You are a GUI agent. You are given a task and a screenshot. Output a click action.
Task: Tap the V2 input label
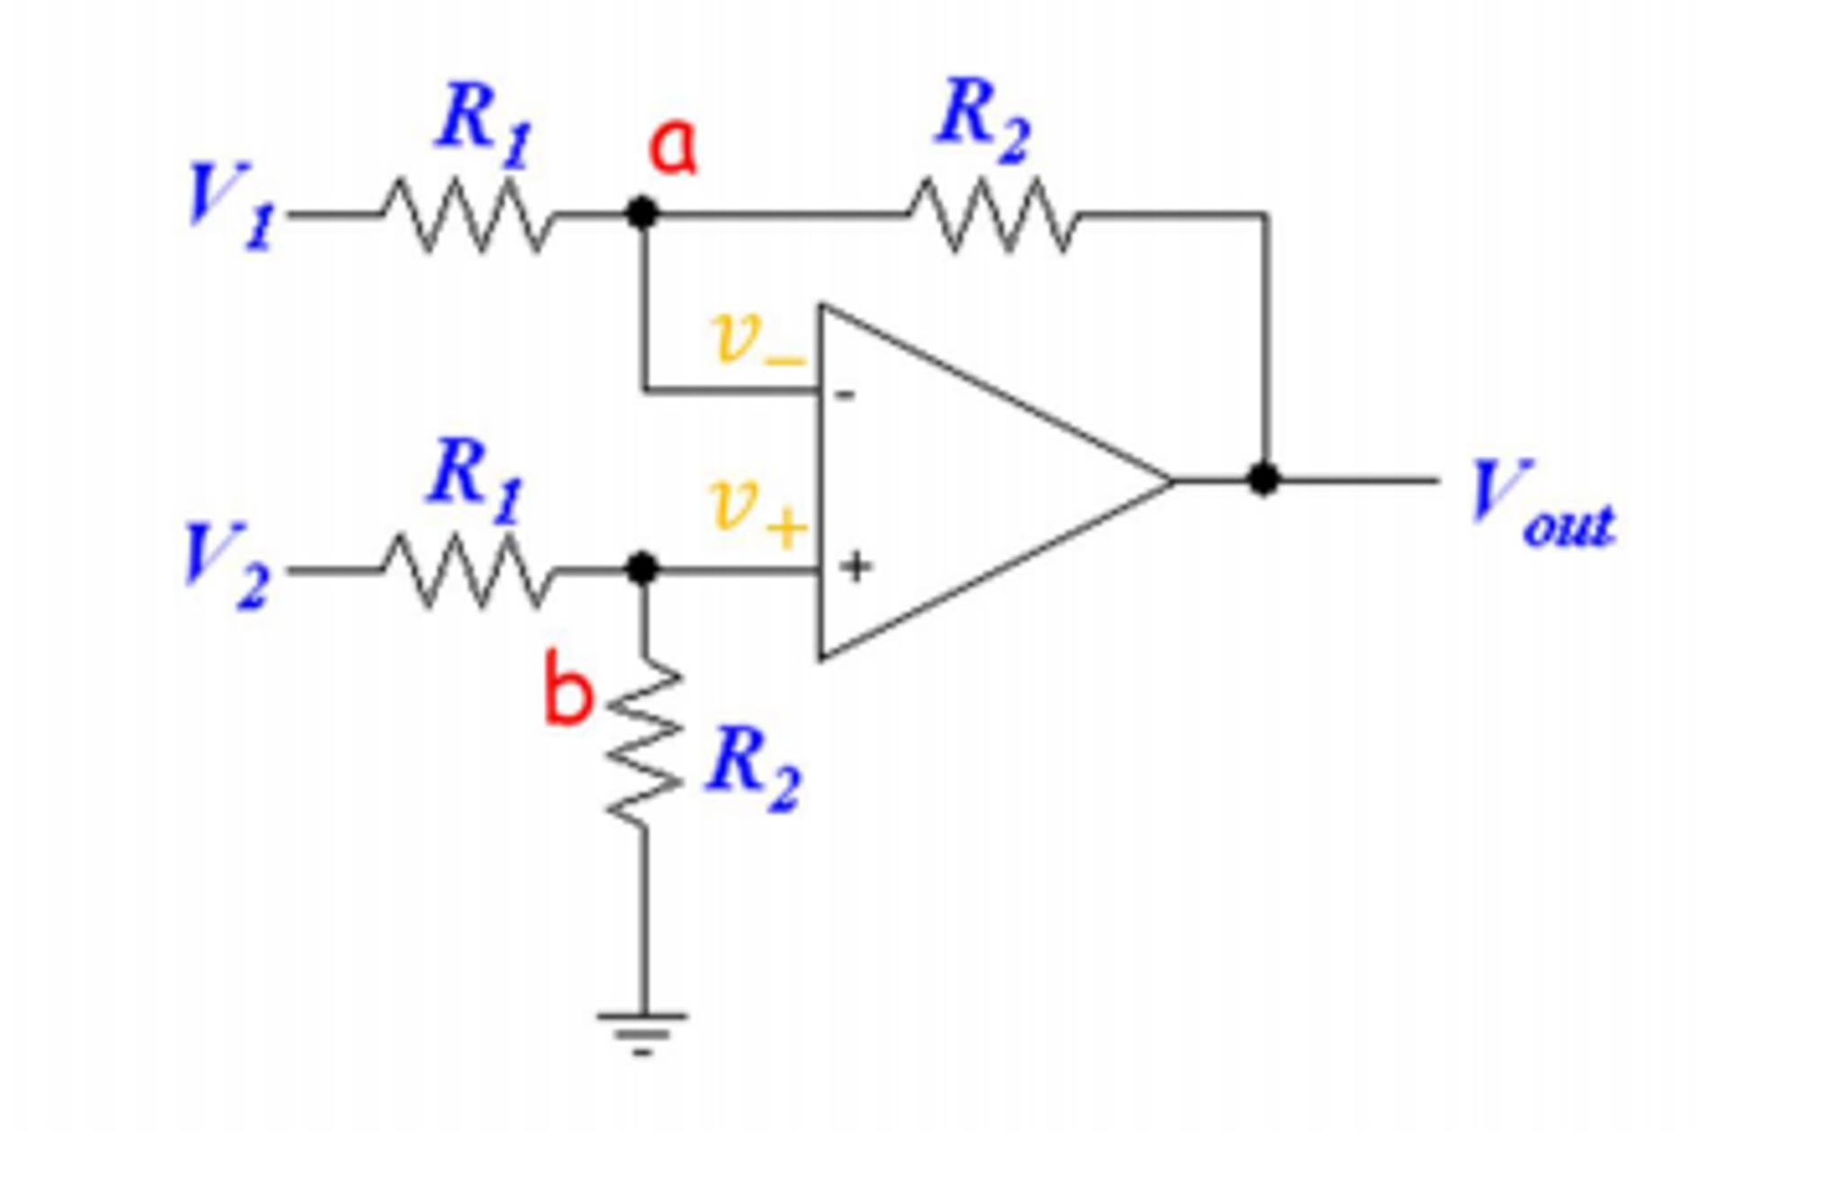[225, 566]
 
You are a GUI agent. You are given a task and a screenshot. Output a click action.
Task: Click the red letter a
[672, 147]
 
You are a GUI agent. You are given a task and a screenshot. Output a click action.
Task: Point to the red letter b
[568, 690]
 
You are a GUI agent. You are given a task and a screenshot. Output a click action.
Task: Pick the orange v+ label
[756, 512]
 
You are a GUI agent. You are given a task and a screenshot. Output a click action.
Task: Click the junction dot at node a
[641, 214]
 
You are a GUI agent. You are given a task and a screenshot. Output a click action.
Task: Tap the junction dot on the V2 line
[641, 569]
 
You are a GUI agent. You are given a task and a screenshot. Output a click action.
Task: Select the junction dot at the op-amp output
[1263, 480]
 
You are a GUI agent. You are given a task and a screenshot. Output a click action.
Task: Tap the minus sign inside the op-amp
[845, 394]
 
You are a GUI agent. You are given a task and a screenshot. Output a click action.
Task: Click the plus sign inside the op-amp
[856, 567]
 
